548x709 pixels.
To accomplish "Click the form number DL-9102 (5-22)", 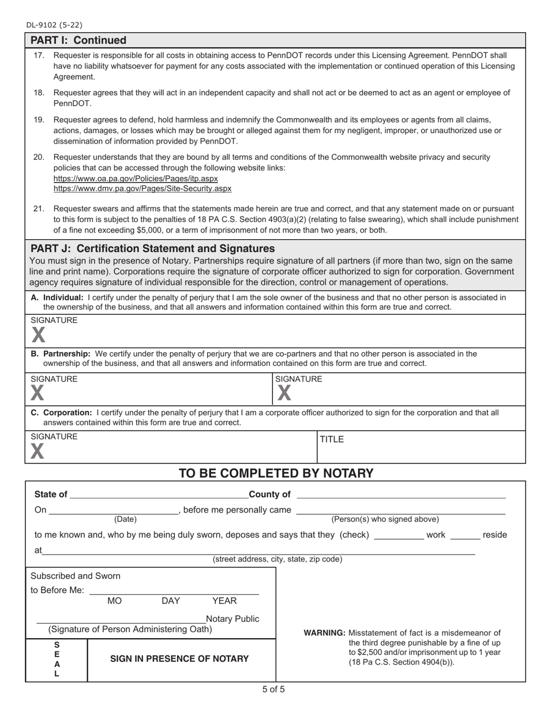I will click(x=54, y=25).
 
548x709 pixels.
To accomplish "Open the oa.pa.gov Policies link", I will click(x=136, y=179).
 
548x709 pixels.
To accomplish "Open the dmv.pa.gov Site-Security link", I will click(x=142, y=188).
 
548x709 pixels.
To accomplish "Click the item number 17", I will click(x=39, y=55).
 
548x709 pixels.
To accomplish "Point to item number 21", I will click(x=39, y=209).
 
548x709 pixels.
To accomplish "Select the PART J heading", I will click(x=152, y=248).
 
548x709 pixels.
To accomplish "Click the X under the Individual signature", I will click(x=37, y=335).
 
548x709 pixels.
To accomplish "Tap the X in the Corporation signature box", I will click(x=37, y=451).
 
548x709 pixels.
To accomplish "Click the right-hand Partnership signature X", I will click(x=283, y=393).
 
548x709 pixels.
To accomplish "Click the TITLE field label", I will click(x=332, y=439).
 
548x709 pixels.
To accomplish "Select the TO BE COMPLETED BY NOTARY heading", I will click(x=276, y=473).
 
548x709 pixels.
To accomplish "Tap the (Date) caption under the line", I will click(x=125, y=519).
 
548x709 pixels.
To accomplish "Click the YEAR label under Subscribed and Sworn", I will click(x=224, y=601).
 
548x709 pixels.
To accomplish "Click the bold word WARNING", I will click(x=324, y=632).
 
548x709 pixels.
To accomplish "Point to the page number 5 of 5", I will click(x=273, y=689).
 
